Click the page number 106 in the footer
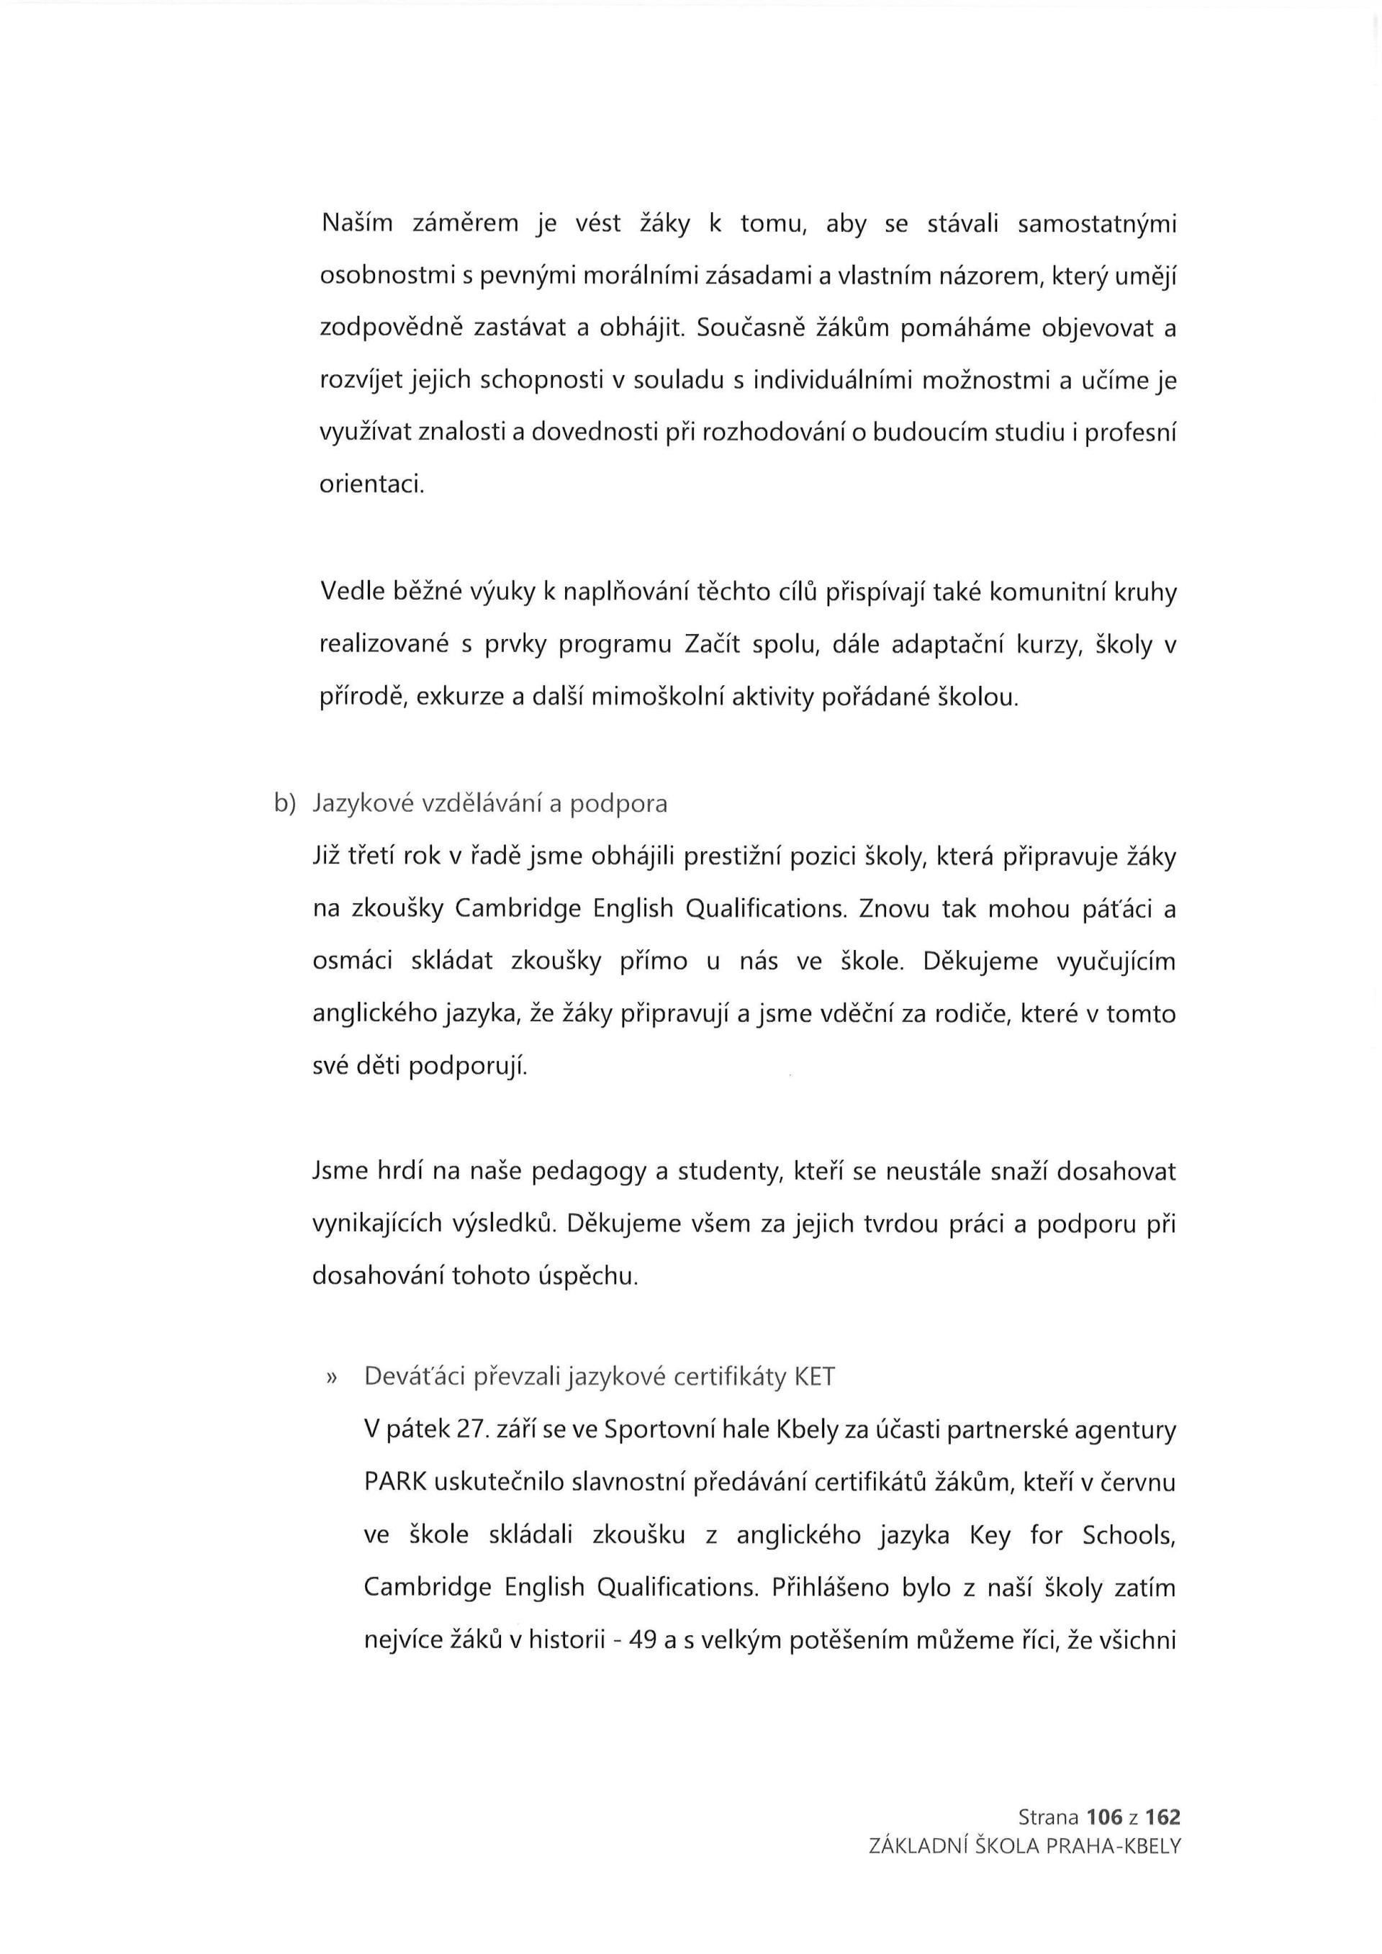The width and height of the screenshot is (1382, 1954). (1105, 1819)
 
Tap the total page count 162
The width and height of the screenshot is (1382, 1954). (1162, 1819)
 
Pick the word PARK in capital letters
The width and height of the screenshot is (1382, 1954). (395, 1483)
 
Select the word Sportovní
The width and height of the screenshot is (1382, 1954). (659, 1430)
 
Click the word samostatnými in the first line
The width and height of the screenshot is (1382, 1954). (1097, 225)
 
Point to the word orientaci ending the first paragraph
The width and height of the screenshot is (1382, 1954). (371, 485)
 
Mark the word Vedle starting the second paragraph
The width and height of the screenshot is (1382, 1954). (347, 593)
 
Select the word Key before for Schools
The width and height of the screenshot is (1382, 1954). (990, 1535)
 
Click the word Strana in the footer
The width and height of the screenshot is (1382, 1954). (1049, 1819)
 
